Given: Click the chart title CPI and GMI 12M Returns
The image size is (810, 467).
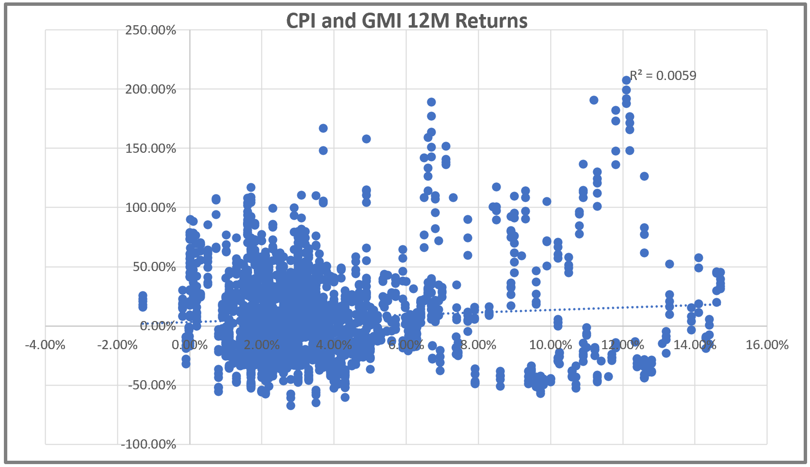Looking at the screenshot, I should point(406,21).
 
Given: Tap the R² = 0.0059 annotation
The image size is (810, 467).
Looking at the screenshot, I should point(663,76).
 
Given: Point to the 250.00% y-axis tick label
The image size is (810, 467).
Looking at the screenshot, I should point(150,31).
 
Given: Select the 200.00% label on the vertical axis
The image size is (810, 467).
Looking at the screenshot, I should point(150,90).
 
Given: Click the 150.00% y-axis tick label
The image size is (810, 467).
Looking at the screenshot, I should point(150,149).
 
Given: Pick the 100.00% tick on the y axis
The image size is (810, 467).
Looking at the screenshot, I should point(150,208).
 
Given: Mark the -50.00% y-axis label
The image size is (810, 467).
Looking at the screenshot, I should point(152,386).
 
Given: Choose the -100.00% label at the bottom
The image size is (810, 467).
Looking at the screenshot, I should point(148,444).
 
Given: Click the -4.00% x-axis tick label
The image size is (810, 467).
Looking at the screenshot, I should point(45,345).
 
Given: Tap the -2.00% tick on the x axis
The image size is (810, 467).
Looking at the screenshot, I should point(117,345).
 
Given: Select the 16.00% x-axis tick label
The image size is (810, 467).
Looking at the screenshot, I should point(767,345).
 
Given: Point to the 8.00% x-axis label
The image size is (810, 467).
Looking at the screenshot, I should point(478,345).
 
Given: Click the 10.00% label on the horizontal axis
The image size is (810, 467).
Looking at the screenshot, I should point(550,345).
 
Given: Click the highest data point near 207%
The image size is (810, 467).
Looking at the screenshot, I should point(626,81).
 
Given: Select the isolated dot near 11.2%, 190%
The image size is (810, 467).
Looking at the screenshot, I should point(594,100).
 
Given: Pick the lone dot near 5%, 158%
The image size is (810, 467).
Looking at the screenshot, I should point(366,139).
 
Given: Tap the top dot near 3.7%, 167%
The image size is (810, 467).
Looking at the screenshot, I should point(323,129).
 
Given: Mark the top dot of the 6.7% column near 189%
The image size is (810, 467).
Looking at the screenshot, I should point(431,102).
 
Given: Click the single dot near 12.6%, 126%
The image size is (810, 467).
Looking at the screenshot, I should point(644,177).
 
